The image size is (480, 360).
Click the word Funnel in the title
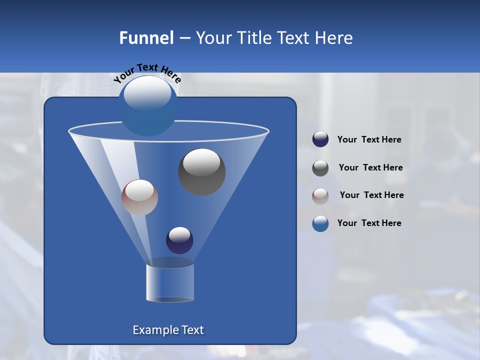coord(146,38)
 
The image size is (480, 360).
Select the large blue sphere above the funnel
coord(148,106)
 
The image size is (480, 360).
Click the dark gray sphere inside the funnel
coord(202,172)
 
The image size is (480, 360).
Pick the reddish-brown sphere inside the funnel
coord(139,197)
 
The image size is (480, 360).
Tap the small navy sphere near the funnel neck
coord(179,240)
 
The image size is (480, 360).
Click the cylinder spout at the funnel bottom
coord(170,282)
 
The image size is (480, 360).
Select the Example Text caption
coord(168,330)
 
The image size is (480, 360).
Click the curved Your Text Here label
coord(147,73)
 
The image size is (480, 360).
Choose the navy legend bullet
coord(320,139)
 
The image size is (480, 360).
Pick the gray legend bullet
coord(320,168)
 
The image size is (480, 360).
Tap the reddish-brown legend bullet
coord(320,195)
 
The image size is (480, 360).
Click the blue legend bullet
coord(320,223)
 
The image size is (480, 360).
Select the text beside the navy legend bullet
coord(369,140)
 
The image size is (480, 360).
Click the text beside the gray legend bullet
coord(370,167)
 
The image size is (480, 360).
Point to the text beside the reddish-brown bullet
coord(371,195)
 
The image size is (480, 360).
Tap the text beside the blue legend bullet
coord(369,223)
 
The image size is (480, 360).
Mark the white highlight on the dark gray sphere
coord(201,162)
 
